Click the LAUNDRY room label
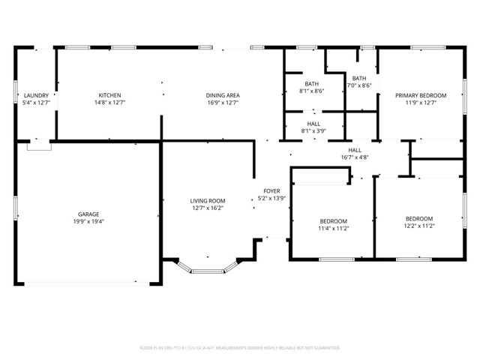[36, 95]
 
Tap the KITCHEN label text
[109, 95]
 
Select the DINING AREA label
[223, 95]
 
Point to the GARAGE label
[88, 214]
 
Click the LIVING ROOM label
[207, 201]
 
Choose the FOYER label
[271, 191]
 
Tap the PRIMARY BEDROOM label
[421, 95]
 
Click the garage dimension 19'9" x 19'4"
[88, 222]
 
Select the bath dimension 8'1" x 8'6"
[311, 91]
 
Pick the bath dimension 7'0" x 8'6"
[359, 85]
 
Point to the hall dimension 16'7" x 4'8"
[355, 157]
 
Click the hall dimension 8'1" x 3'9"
[313, 130]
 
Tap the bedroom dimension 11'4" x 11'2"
[334, 229]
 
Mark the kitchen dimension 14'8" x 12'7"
[109, 103]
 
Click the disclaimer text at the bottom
[240, 348]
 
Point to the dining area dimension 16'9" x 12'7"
[223, 103]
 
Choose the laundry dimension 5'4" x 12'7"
[36, 103]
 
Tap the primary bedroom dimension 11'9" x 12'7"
[421, 103]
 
